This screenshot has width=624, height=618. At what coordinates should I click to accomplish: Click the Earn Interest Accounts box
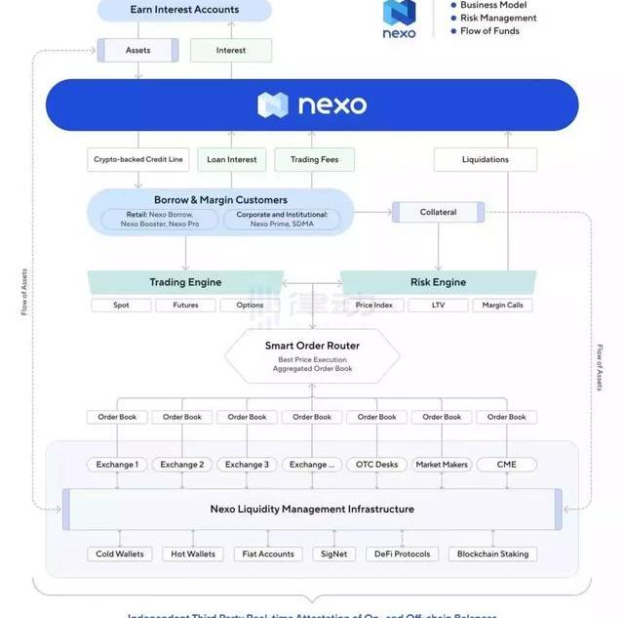point(184,10)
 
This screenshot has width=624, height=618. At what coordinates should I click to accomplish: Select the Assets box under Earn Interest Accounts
point(137,50)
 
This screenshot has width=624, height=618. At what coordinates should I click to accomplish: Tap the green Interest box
point(231,50)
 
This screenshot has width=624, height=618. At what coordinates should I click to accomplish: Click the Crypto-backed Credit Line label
point(137,159)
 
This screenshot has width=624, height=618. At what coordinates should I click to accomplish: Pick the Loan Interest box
point(231,159)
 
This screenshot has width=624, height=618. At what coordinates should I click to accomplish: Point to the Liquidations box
point(485,159)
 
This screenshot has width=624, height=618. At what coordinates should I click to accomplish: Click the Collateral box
point(438,212)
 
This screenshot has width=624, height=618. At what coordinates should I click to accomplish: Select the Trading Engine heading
point(185,282)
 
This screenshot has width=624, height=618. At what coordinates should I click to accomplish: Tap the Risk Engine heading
point(438,282)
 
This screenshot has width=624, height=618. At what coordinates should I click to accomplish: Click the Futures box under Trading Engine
point(185,306)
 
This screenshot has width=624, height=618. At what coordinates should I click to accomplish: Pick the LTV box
point(438,306)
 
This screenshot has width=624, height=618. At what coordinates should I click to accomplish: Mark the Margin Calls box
point(503,306)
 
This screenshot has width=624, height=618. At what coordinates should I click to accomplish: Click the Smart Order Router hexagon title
point(312,346)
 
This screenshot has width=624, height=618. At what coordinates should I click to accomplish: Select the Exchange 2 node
point(182,465)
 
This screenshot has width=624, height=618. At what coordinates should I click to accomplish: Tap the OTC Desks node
point(377,465)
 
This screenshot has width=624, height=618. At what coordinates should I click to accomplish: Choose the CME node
point(507,465)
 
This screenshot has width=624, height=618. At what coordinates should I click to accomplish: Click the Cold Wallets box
point(120,554)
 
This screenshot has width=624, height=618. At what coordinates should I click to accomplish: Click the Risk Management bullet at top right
point(498,18)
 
